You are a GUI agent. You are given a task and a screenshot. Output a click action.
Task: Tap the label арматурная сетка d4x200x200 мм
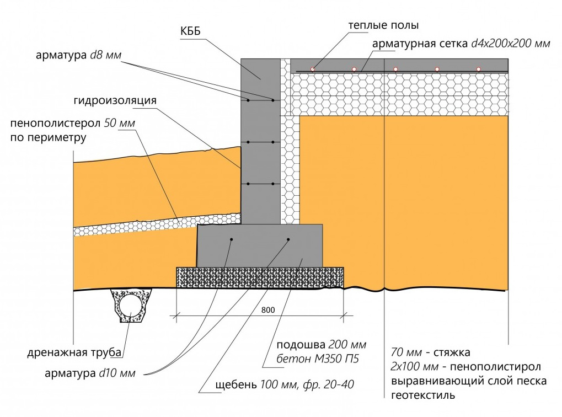pos(461,44)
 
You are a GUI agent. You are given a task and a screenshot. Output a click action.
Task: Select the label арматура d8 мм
pos(78,56)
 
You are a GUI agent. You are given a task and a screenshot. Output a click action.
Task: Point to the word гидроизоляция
pos(115,101)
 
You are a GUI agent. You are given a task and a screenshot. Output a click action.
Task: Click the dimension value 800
pos(268,310)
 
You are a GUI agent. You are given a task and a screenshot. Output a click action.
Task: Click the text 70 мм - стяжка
pos(431,352)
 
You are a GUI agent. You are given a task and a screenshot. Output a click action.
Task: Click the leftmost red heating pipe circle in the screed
pos(313,69)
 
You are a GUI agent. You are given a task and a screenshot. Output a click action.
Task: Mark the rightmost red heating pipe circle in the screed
pos(479,69)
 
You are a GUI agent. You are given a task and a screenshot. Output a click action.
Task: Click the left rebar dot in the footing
pos(232,239)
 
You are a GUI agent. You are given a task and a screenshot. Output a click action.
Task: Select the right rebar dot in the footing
pos(289,239)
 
